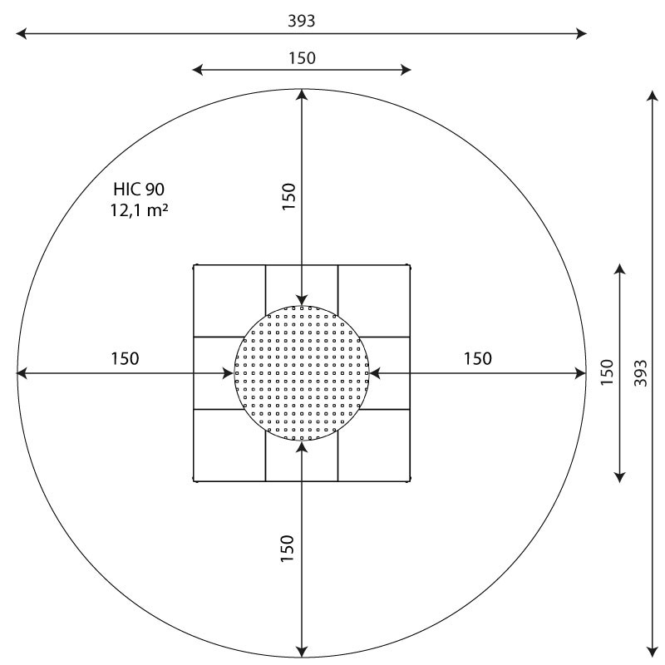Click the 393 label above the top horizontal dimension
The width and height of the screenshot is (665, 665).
point(301,22)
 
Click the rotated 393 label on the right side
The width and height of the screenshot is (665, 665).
point(641,373)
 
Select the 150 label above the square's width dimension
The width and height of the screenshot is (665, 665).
point(302,58)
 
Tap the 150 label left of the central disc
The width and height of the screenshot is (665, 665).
point(125,359)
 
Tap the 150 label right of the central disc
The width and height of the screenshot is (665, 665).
point(477,359)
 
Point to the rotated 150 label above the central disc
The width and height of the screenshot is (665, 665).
point(288,196)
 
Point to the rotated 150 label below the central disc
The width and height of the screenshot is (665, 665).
point(287,549)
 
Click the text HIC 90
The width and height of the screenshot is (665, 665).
point(139,190)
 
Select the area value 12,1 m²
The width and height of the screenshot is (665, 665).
point(139,210)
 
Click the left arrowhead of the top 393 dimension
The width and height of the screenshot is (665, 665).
point(22,33)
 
